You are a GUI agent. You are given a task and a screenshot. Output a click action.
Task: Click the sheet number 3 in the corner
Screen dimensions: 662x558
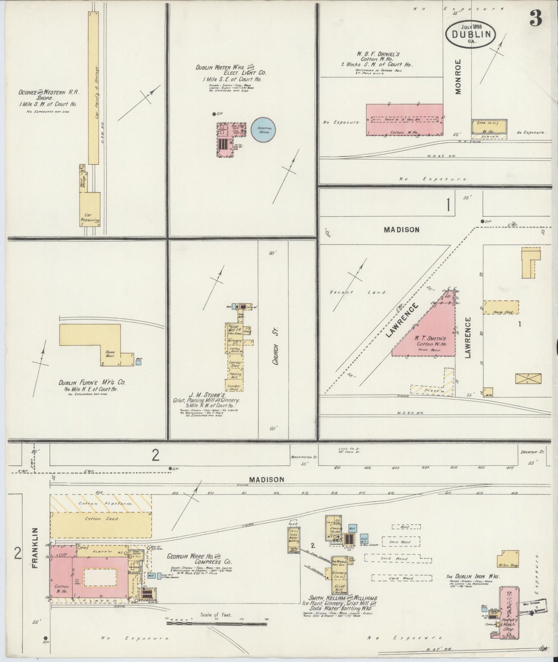pyautogui.click(x=536, y=18)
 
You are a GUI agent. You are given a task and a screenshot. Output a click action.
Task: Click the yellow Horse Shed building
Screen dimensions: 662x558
pyautogui.click(x=500, y=307)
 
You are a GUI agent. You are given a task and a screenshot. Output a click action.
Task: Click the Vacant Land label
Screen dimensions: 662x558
pyautogui.click(x=358, y=292)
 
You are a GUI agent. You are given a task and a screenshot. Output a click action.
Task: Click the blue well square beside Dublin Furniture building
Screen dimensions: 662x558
pyautogui.click(x=139, y=363)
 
